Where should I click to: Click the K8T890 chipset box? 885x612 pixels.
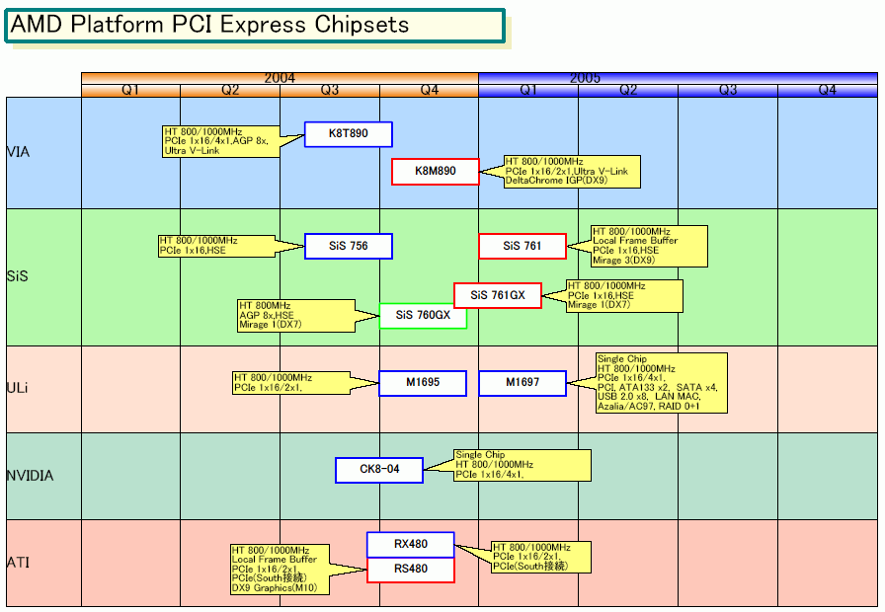coord(349,134)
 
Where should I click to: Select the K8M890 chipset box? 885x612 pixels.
coord(436,172)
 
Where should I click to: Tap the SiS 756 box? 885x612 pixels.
coord(349,246)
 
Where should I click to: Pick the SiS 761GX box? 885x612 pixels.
coord(498,295)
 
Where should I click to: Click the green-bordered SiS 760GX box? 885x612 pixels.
coord(423,316)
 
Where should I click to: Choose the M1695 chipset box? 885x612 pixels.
coord(423,383)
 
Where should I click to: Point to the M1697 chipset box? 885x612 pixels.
coord(523,383)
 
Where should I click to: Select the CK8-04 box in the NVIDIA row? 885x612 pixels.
coord(379,470)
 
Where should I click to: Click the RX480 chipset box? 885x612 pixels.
coord(411,544)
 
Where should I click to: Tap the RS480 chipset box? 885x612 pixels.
coord(411,570)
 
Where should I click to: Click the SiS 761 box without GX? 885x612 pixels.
coord(523,246)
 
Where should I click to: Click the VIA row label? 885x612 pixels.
coord(18,152)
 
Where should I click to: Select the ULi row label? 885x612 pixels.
coord(17,388)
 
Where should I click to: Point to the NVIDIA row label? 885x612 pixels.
coord(30,476)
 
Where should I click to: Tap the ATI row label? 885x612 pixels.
coord(17,563)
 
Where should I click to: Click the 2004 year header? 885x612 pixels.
coord(280,78)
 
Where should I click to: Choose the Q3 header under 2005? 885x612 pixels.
coord(728,90)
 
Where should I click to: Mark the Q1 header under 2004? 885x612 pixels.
coord(130,90)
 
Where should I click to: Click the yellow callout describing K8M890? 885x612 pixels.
coord(571,172)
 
